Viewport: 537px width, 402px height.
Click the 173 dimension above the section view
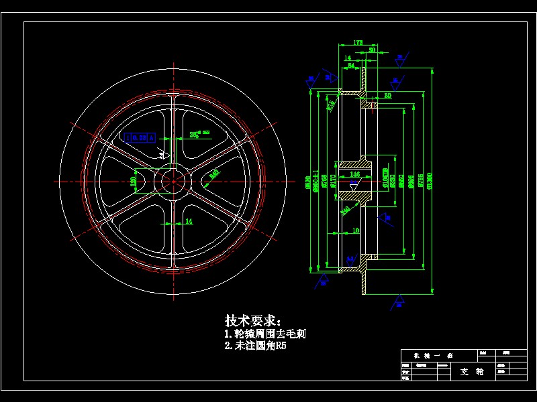[358, 42]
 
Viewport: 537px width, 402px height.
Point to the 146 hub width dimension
[356, 174]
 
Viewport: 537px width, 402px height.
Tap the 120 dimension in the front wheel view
[133, 181]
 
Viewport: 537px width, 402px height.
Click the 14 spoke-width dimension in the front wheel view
[189, 220]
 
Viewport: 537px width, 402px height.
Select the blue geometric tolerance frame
[140, 137]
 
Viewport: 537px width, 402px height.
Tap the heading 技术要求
[253, 320]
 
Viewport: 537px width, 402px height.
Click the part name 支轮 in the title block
[472, 371]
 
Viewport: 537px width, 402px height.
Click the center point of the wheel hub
[174, 181]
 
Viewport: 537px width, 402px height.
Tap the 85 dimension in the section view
[387, 96]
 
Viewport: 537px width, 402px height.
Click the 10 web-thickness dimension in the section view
[356, 230]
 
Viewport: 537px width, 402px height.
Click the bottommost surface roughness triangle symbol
[399, 298]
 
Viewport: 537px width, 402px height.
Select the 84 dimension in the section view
[351, 66]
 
